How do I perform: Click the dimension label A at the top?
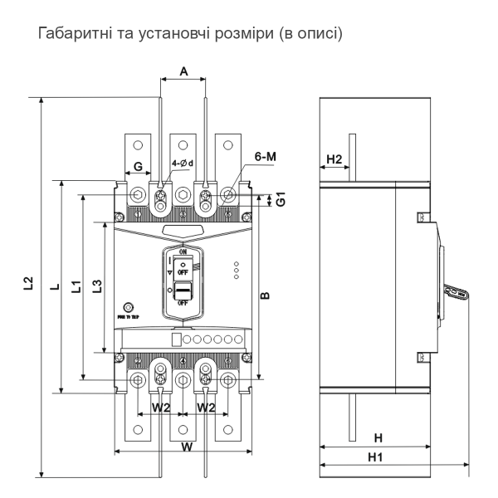click(182, 72)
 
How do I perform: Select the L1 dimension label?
click(75, 286)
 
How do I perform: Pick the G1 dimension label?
click(281, 199)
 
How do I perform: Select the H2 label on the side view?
click(334, 158)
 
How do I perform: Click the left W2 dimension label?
click(161, 408)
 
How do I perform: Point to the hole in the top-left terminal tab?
click(138, 134)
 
